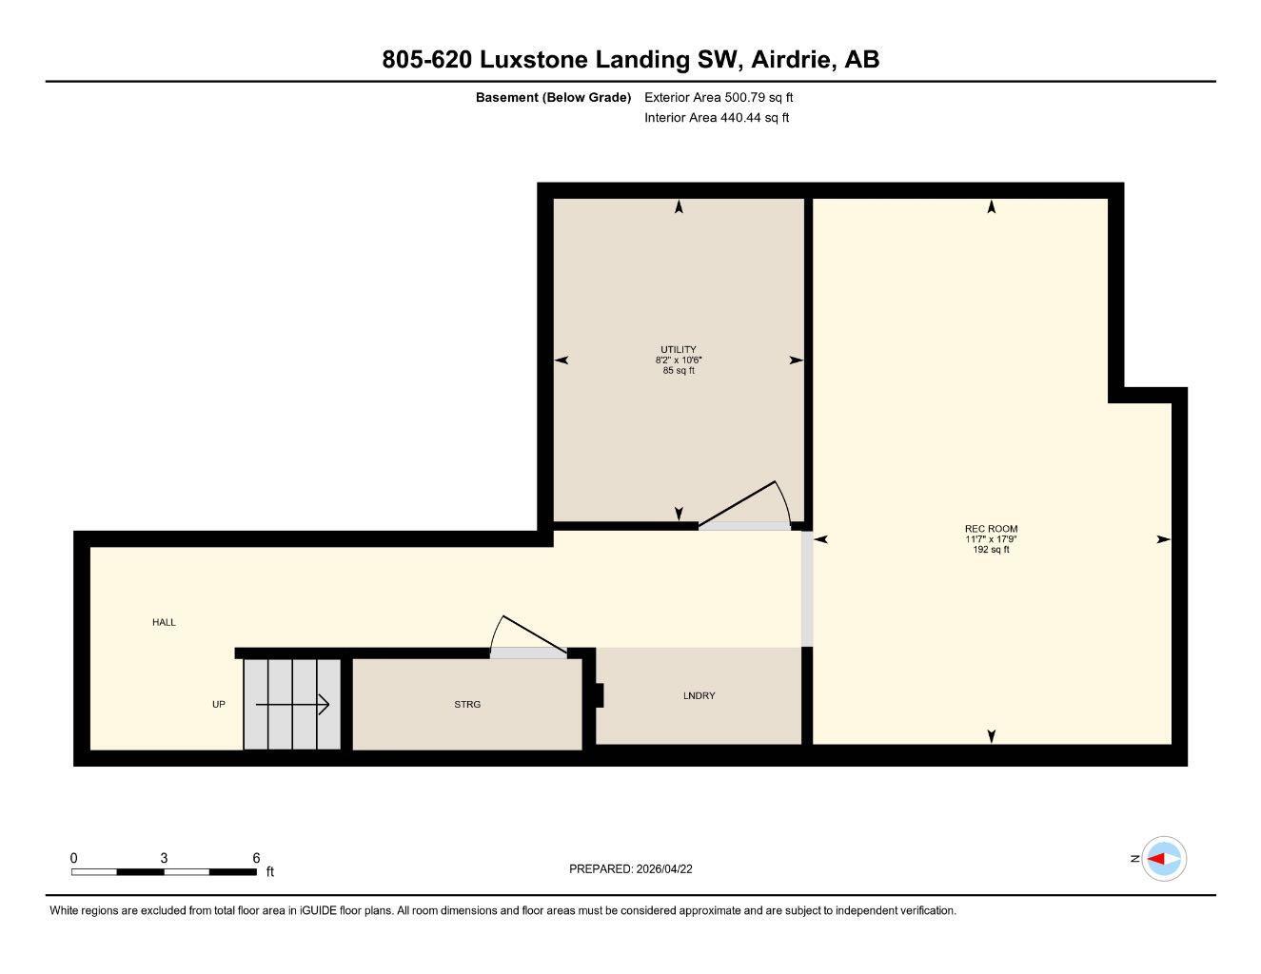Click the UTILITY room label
679,349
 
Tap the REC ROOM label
991,529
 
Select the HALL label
164,622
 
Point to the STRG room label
467,704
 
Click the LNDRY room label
699,695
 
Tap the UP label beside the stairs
218,704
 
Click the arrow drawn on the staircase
293,705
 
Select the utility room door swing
752,504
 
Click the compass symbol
1163,859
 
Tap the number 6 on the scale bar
256,858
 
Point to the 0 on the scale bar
74,858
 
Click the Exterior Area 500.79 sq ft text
719,97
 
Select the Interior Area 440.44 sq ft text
717,118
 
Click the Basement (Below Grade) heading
553,97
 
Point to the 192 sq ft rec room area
991,550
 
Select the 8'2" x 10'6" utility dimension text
679,360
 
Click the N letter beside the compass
1134,859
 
